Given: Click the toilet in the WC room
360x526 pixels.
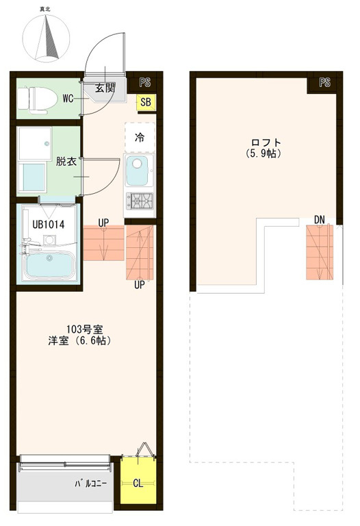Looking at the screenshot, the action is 37,99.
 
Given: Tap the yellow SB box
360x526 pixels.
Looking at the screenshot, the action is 146,102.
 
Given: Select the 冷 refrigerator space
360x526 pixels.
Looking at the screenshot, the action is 140,137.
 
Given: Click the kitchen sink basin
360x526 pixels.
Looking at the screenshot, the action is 137,171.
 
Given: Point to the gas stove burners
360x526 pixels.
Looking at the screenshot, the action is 139,201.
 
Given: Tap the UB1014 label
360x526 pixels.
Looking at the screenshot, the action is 49,225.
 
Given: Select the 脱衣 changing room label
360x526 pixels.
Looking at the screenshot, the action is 66,162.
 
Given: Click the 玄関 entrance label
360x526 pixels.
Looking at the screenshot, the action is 105,88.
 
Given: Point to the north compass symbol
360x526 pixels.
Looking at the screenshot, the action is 47,38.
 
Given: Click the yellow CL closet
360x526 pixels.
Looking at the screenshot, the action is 138,480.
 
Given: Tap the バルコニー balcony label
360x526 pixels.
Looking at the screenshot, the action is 90,484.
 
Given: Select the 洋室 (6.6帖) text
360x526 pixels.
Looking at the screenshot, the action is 79,341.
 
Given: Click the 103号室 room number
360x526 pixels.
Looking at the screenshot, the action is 84,329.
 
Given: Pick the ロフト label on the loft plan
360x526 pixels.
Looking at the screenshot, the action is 266,142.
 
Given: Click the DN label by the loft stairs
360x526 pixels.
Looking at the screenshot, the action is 320,220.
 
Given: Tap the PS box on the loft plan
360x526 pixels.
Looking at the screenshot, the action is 324,82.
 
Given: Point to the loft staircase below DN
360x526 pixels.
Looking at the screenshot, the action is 320,252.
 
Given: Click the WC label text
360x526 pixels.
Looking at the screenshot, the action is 68,99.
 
